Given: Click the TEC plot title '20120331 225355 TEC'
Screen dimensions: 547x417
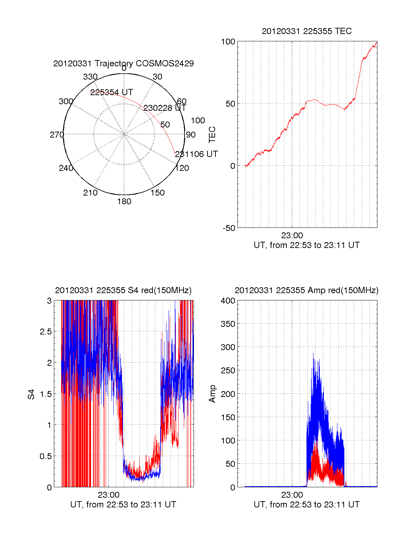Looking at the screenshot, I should coord(306,31).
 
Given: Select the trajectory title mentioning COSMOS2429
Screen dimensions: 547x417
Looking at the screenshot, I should coord(123,64).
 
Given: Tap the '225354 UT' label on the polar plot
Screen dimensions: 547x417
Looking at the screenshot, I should coord(112,92).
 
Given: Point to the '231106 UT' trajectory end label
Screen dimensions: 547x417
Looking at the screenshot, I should coord(196,154).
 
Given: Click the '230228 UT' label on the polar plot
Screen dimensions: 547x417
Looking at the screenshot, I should coord(165,108).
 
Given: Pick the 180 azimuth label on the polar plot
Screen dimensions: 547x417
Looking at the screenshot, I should coord(124,201).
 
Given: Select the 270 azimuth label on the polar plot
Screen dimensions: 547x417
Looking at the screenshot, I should coord(57,135).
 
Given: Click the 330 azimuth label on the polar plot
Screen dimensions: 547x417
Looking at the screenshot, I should coord(90,77).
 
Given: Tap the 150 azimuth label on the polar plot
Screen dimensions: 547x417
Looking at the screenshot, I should coord(157,193).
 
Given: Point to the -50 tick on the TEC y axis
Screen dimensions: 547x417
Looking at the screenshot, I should coord(229,228).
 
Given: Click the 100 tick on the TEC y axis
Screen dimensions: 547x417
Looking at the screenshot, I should coord(228,42).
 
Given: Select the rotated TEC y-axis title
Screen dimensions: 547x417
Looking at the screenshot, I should coord(212,135).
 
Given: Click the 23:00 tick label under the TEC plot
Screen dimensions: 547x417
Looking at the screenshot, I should coord(292,235).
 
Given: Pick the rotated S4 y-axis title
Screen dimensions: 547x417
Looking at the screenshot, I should coord(32,395).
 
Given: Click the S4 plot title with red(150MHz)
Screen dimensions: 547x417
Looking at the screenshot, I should coord(123,290).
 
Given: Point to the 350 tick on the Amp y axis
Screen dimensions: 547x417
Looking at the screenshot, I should coord(228,324).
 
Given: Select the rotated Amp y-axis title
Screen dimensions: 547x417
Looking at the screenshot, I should coord(212,394).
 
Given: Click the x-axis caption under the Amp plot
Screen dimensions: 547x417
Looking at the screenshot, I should coord(306,505).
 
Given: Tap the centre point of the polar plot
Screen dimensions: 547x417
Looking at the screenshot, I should coord(124,134).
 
